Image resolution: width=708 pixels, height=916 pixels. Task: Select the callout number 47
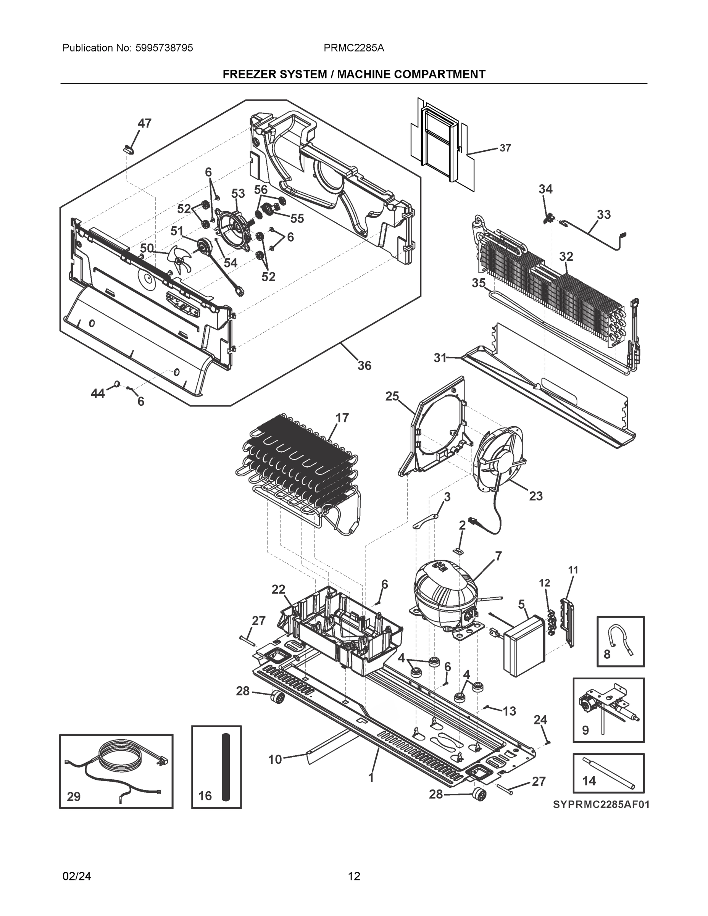[x=144, y=123]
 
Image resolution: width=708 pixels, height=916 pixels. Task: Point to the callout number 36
[x=364, y=366]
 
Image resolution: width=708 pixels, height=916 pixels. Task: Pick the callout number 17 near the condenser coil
[x=342, y=418]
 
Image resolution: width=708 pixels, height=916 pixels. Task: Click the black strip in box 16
[x=226, y=766]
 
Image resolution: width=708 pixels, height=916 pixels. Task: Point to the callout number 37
[x=505, y=148]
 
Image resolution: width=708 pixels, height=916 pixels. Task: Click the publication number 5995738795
[x=164, y=48]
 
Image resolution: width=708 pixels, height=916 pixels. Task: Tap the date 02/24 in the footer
[x=76, y=876]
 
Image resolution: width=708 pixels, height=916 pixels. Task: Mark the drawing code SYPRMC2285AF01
[x=601, y=805]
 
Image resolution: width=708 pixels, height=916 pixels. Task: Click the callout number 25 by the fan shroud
[x=392, y=396]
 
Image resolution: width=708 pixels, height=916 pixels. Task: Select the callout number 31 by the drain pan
[x=440, y=358]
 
